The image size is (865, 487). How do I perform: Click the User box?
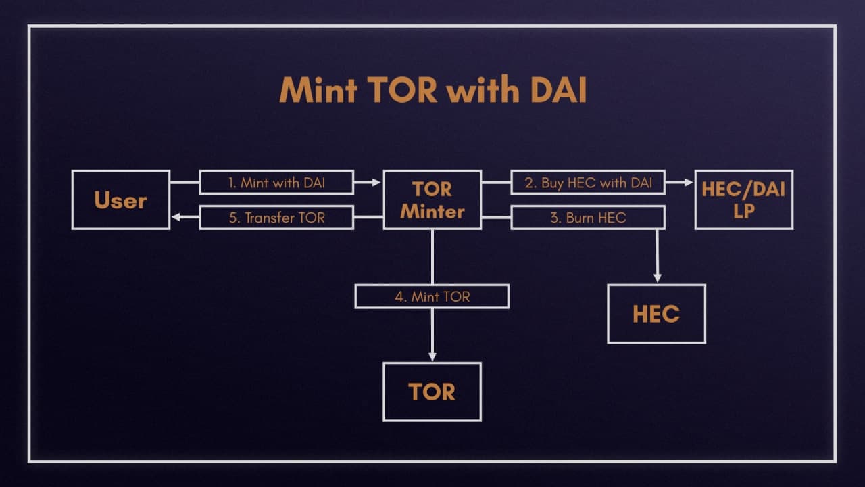pyautogui.click(x=120, y=200)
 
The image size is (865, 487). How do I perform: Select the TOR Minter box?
pyautogui.click(x=432, y=200)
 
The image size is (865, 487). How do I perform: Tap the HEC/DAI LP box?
pyautogui.click(x=743, y=200)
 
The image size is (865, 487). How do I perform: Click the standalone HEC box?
pyautogui.click(x=656, y=314)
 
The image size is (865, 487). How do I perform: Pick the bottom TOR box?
pyautogui.click(x=432, y=392)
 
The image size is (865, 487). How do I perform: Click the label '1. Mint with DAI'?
pyautogui.click(x=276, y=183)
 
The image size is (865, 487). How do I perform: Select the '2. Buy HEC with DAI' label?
pyautogui.click(x=588, y=183)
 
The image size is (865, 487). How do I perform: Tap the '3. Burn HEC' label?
pyautogui.click(x=588, y=217)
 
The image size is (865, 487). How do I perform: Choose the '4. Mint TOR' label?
pyautogui.click(x=432, y=296)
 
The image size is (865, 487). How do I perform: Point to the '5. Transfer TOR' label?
pyautogui.click(x=276, y=217)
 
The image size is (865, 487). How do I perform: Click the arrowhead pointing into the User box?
pyautogui.click(x=176, y=217)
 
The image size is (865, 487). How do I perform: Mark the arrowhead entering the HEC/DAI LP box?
pyautogui.click(x=689, y=183)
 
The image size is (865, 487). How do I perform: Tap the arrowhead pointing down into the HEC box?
pyautogui.click(x=657, y=278)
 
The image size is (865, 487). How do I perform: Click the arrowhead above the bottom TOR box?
pyautogui.click(x=432, y=356)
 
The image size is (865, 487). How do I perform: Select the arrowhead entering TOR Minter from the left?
pyautogui.click(x=377, y=183)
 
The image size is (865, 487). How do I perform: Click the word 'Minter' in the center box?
pyautogui.click(x=432, y=212)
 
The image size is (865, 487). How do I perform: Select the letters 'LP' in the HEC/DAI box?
pyautogui.click(x=743, y=212)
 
